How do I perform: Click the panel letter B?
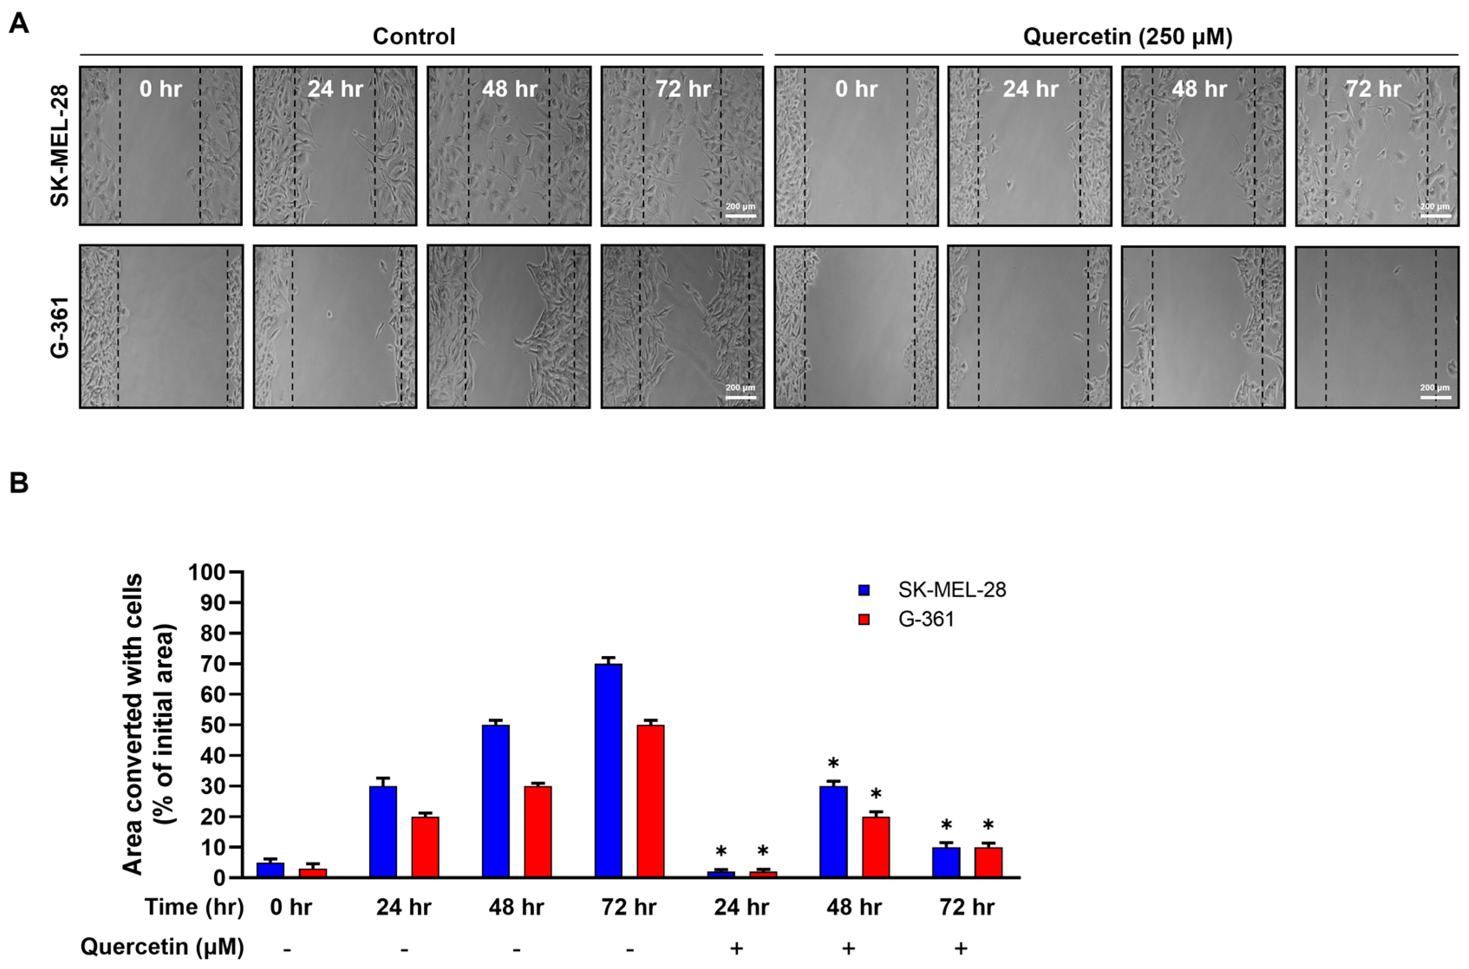click(19, 483)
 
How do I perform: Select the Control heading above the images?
click(414, 36)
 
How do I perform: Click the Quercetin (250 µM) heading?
click(1127, 36)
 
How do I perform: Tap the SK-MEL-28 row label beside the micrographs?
click(59, 145)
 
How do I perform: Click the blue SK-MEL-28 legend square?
click(864, 590)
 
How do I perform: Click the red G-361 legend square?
click(864, 619)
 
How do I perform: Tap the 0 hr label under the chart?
click(290, 907)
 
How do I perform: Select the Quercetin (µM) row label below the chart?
click(162, 946)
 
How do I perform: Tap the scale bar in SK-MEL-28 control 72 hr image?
click(740, 216)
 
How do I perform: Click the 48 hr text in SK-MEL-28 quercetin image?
click(1199, 89)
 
